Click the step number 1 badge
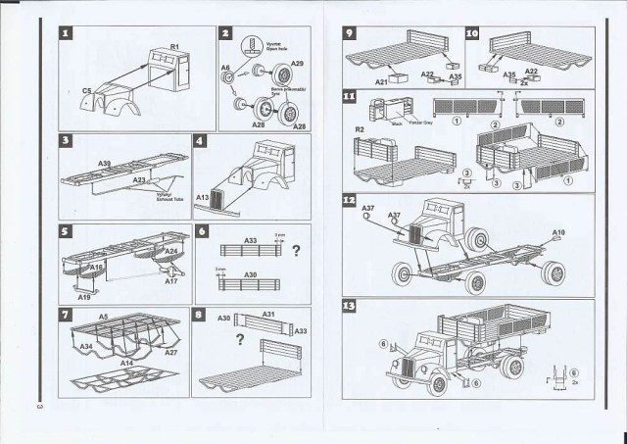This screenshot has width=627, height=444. [66, 34]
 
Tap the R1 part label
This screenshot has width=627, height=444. [173, 46]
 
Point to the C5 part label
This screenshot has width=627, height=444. [87, 90]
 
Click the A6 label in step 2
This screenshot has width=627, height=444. [224, 68]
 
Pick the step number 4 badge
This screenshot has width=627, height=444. [201, 142]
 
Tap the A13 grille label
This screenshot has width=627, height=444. [203, 197]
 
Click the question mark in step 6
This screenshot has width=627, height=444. [294, 249]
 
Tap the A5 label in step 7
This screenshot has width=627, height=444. [104, 319]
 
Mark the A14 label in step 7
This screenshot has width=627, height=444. [127, 364]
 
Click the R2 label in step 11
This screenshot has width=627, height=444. [360, 129]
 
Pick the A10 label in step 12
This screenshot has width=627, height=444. [558, 233]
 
